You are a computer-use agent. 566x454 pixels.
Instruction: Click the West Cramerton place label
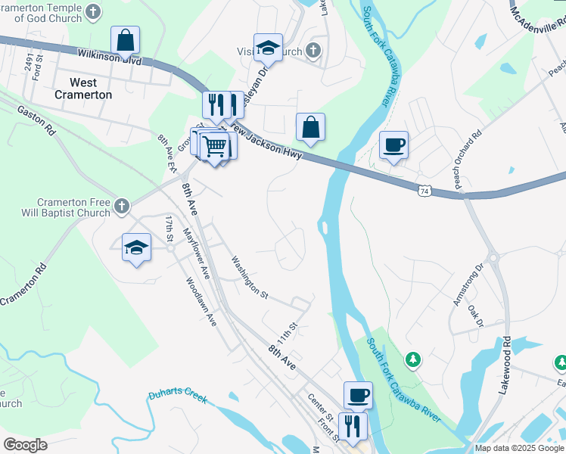pos(83,89)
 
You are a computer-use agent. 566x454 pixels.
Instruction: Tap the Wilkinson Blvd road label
pos(109,56)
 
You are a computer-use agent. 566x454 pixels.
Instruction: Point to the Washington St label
pos(250,278)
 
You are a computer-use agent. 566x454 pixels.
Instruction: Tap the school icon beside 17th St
pos(136,247)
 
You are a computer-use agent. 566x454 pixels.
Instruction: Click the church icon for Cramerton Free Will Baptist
pos(121,206)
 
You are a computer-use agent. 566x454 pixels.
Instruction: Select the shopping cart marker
pos(216,145)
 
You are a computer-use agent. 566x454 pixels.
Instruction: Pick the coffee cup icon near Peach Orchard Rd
pos(393,144)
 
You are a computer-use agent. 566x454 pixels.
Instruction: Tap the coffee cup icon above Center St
pos(358,394)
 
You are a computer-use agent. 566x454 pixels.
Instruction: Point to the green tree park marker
pos(413,359)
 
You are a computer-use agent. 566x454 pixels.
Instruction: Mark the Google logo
pos(25,445)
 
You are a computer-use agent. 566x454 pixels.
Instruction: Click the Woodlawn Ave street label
pos(201,301)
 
